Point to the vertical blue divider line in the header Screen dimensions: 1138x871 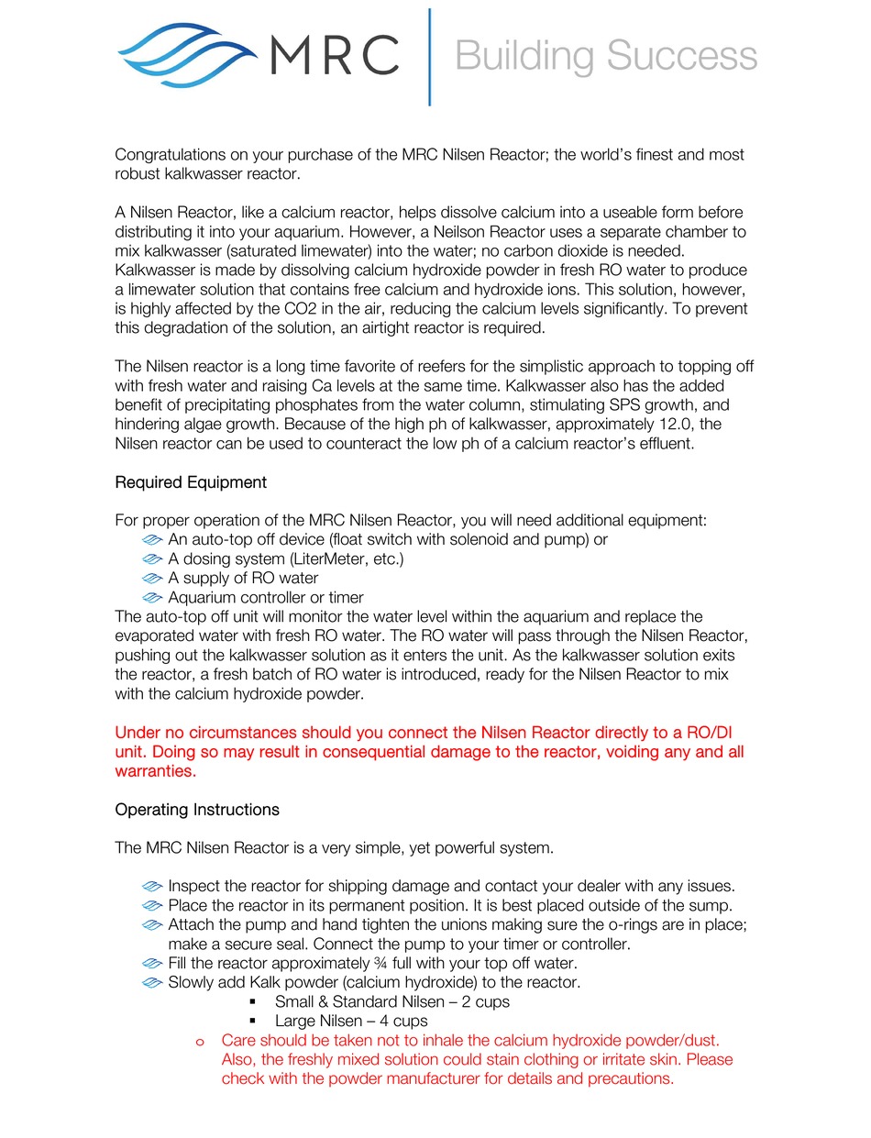pos(429,57)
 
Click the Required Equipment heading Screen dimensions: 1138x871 pos(191,482)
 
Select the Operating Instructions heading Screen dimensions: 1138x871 pos(197,810)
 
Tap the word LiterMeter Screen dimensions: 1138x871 pos(332,558)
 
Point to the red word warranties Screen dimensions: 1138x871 pos(155,771)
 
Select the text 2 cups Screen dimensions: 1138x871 pos(485,1002)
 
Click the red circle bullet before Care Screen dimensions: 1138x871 pos(199,1042)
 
